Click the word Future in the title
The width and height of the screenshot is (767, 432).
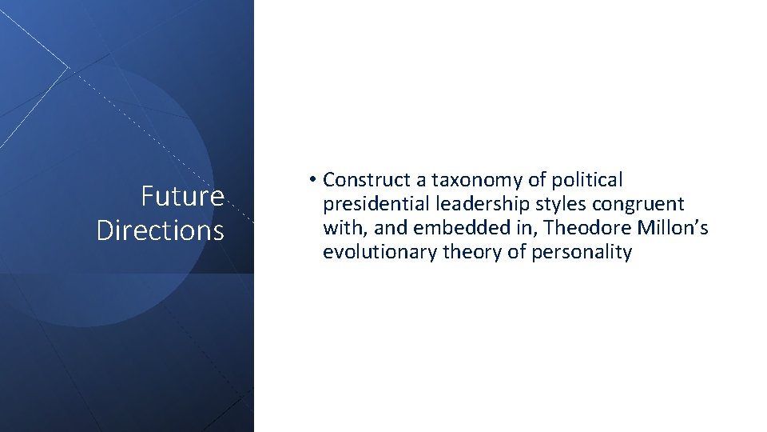click(182, 196)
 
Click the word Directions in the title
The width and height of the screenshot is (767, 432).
click(160, 230)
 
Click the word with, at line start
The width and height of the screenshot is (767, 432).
click(340, 229)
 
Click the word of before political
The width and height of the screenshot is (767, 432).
click(536, 180)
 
